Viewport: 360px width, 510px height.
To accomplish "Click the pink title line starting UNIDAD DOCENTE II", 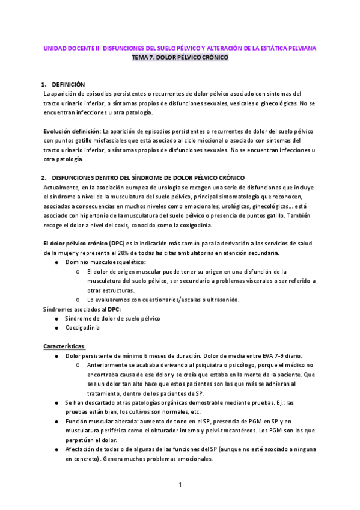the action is tap(180, 47).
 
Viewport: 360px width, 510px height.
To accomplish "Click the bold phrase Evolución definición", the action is tap(72, 131).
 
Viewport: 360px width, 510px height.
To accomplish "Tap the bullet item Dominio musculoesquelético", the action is tap(105, 263).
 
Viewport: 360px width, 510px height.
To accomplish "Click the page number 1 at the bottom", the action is tap(180, 484).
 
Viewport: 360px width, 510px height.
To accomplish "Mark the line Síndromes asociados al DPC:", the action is tap(82, 309).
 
